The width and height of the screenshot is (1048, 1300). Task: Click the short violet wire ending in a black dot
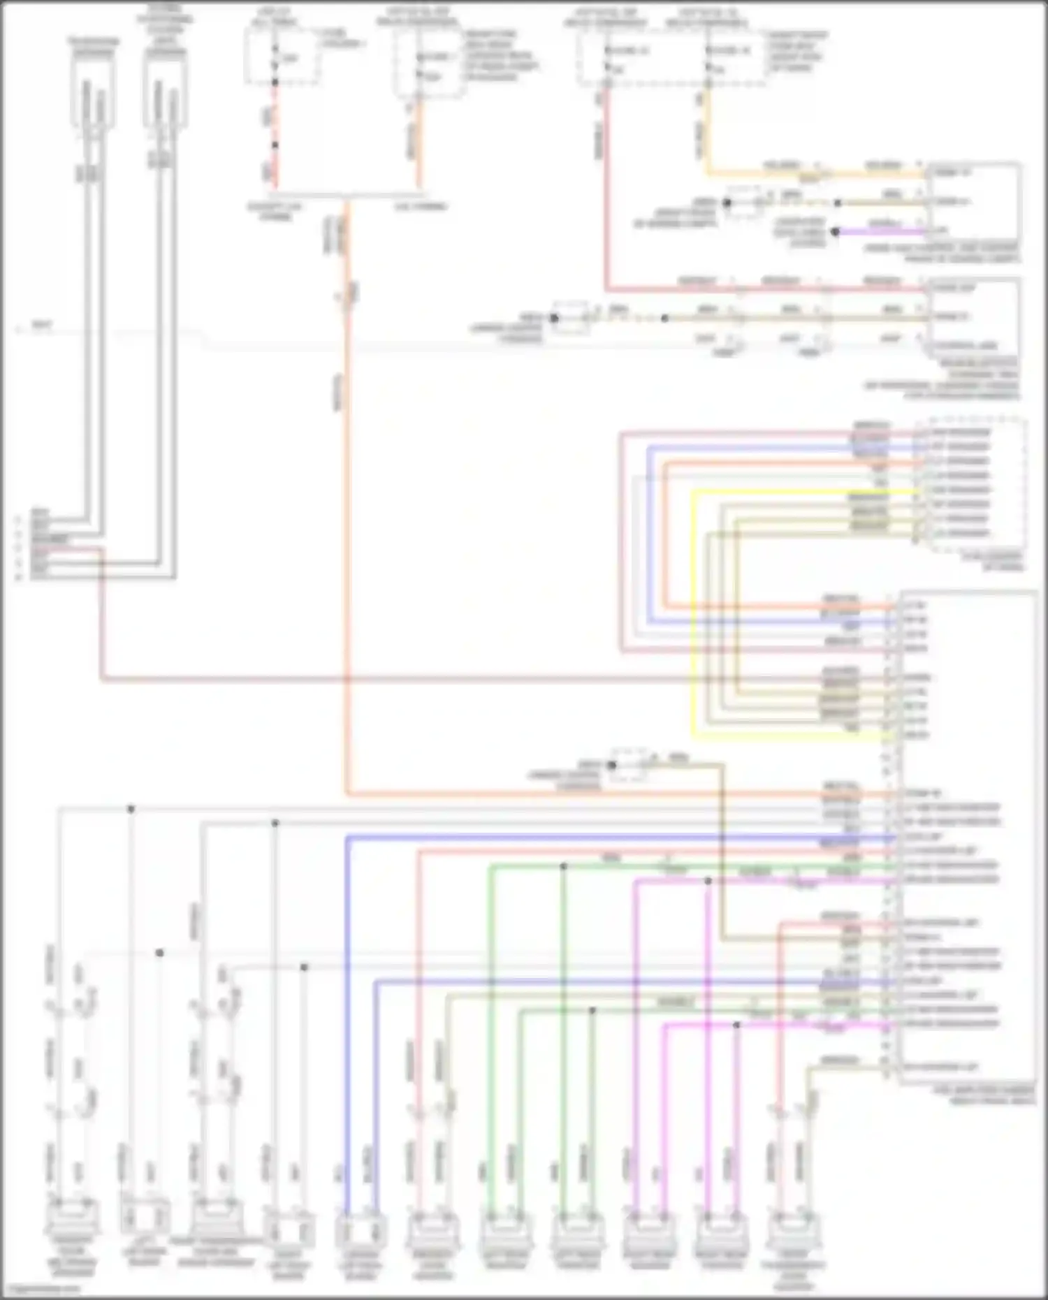(880, 231)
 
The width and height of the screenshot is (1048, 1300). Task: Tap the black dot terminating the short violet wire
(835, 231)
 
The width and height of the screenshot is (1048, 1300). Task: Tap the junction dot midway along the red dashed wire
(275, 145)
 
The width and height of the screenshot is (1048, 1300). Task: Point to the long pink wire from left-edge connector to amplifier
(419, 678)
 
